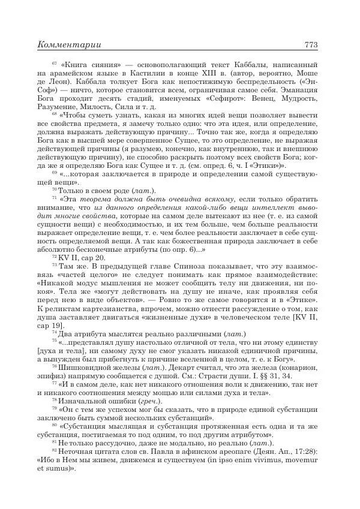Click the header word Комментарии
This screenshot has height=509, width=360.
point(68,44)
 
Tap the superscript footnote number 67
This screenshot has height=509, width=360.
point(54,62)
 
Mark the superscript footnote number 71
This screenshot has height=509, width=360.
point(54,196)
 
